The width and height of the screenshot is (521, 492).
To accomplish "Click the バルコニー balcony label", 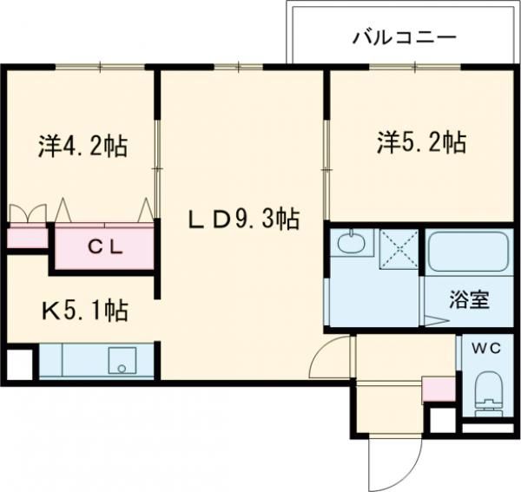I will [x=404, y=38].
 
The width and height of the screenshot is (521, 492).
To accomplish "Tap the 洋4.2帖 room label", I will [x=83, y=146].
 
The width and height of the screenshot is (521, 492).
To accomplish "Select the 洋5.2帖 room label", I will [x=421, y=142].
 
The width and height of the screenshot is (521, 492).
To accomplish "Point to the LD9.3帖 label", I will [x=244, y=220].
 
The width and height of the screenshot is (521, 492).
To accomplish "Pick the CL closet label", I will [x=106, y=244].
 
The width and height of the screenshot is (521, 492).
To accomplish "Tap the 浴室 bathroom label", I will [x=469, y=300].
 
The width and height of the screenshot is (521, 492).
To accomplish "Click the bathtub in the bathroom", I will [x=467, y=253].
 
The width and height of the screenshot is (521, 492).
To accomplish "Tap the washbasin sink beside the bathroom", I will [x=353, y=244].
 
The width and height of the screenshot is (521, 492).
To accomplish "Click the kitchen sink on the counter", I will [x=121, y=361].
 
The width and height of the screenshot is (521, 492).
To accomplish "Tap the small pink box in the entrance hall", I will [x=438, y=388].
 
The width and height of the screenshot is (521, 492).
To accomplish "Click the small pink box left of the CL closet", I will [x=28, y=236].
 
